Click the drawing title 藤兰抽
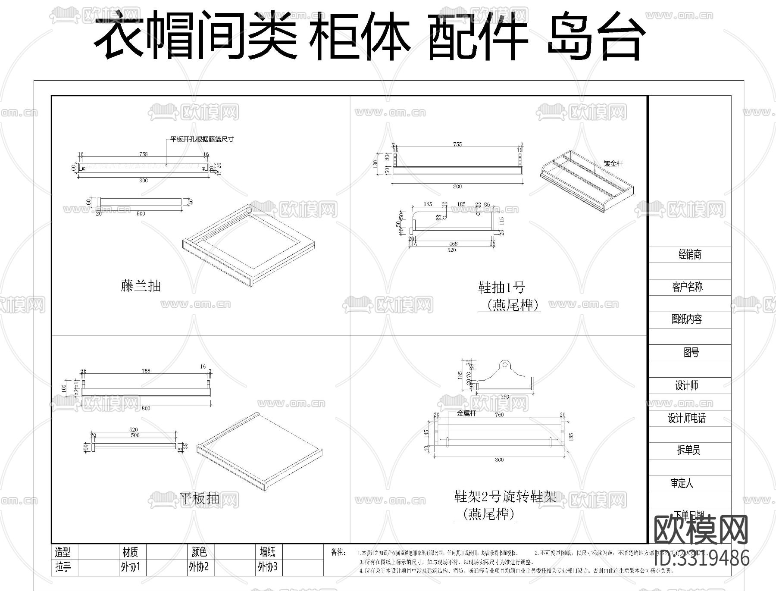coord(141,286)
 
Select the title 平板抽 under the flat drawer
coord(199,499)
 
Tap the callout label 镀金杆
coord(613,163)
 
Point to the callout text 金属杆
coord(466,413)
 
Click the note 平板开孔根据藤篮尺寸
coord(202,139)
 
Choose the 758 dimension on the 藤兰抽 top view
coord(144,154)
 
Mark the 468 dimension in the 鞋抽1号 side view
coord(453,244)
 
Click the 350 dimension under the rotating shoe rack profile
coord(504,397)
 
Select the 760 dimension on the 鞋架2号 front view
coord(499,415)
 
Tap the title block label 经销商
coord(690,254)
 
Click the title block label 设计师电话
coord(687,418)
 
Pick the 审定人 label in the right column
coord(682,483)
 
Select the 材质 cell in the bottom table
coord(130,552)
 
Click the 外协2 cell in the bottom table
coord(199,566)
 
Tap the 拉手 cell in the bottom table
coord(63,566)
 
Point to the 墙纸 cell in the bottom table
coord(267,552)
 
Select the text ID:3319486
coord(701,558)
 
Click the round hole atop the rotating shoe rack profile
coord(504,365)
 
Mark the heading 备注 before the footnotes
coord(338,552)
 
